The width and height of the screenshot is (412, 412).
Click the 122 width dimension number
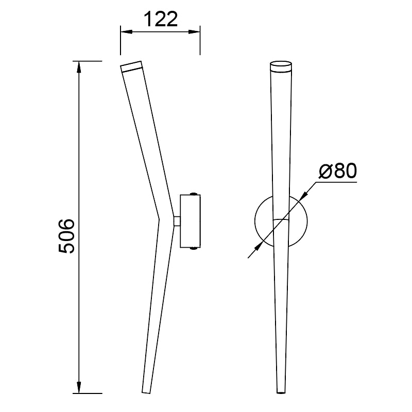pos(160,20)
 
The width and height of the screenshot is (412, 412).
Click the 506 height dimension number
pos(67,236)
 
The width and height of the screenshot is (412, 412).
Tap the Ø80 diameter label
pos(337,171)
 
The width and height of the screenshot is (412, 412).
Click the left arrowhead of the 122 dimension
pos(124,32)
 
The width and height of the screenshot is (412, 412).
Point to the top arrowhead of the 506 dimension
pos(79,65)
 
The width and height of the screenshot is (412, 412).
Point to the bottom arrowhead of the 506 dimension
pos(79,388)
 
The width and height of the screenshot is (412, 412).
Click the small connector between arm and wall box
pos(177,221)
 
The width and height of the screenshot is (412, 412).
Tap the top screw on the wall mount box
pos(193,194)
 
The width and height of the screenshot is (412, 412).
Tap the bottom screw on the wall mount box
pos(193,249)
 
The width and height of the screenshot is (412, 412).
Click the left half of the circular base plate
pos(264,221)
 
